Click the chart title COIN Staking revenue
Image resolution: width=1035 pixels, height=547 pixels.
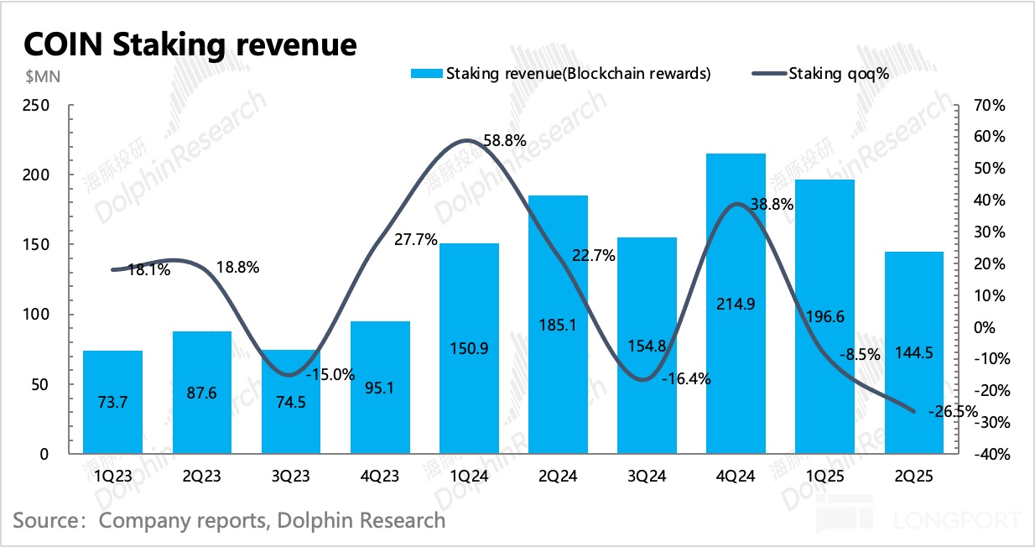(190, 44)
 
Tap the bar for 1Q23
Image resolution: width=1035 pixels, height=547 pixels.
(112, 402)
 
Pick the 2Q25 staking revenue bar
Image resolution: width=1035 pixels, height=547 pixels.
(913, 352)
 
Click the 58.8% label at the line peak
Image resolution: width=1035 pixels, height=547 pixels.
(504, 141)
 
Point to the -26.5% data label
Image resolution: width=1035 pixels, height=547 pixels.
(953, 412)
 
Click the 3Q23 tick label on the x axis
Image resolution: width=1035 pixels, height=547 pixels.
(290, 477)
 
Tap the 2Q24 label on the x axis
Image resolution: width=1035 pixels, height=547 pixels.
(558, 477)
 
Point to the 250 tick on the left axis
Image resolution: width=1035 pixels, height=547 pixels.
(38, 106)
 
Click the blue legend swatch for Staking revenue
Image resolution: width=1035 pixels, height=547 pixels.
(426, 74)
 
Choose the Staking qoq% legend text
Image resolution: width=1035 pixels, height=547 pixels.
(839, 74)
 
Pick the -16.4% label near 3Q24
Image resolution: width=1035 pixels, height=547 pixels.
(685, 378)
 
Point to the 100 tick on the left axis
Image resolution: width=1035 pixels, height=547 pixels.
(38, 315)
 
